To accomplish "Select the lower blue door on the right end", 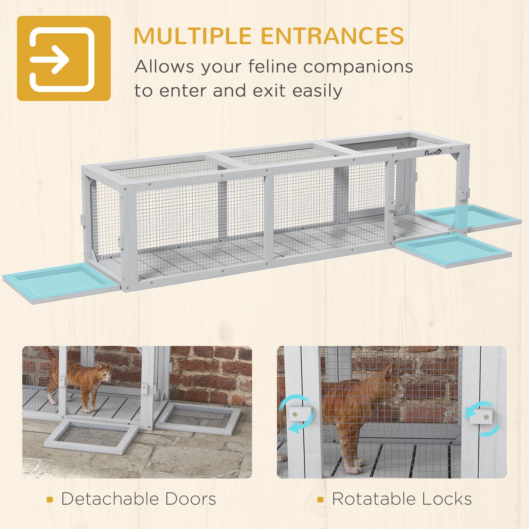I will pyautogui.click(x=453, y=250).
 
